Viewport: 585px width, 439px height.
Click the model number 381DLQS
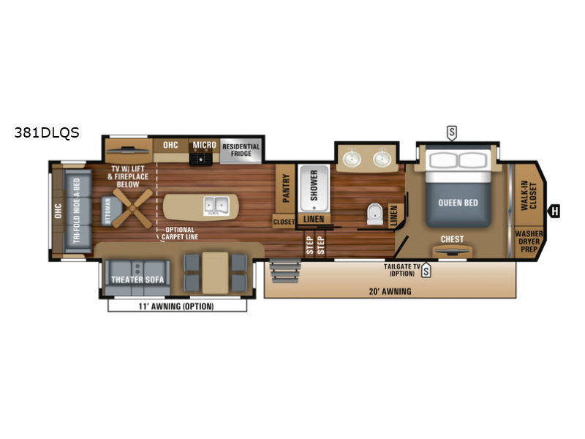45,133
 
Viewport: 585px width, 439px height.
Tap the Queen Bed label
458,203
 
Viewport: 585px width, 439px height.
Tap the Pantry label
286,188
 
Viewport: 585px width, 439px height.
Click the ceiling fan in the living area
133,209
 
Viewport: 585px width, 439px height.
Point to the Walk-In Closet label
528,195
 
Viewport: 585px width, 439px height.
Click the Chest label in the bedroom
452,239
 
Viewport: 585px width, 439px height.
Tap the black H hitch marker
555,211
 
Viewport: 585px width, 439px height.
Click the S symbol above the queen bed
452,132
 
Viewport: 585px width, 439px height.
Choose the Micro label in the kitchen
204,145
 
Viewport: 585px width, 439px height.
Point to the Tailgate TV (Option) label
400,270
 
